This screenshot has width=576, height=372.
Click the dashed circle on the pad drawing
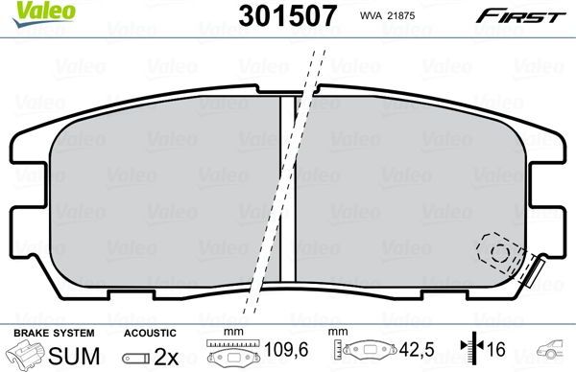click(499, 253)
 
